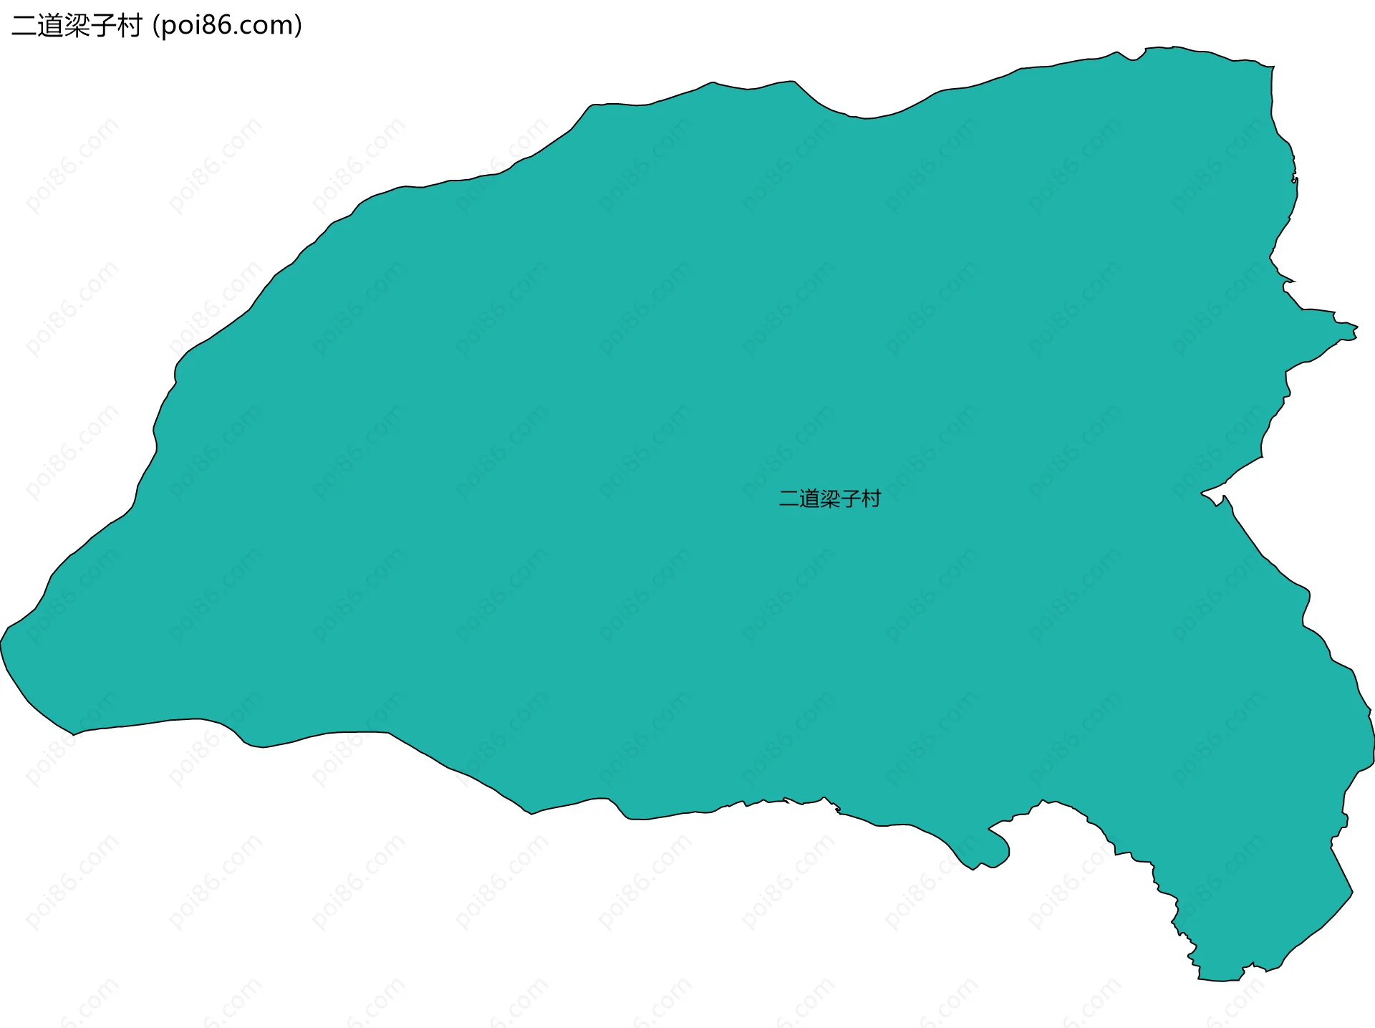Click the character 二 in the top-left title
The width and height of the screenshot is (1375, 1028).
coord(25,27)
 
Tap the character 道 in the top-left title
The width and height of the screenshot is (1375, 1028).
coord(51,27)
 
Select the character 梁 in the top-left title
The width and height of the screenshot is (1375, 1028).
coord(77,27)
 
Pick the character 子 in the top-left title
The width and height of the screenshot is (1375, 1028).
coord(103,27)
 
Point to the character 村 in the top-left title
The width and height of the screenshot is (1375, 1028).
coord(130,27)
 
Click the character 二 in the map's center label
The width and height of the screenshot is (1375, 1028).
coord(789,499)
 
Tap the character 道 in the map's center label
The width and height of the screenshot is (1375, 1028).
coord(809,499)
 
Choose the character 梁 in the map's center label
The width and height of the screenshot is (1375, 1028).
coord(830,499)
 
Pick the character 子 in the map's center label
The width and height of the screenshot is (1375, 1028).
coord(850,499)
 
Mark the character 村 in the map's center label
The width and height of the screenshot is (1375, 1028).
coord(871,499)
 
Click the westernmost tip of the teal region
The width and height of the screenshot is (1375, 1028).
coord(2,641)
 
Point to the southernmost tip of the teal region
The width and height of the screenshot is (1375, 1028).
coord(1221,979)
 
